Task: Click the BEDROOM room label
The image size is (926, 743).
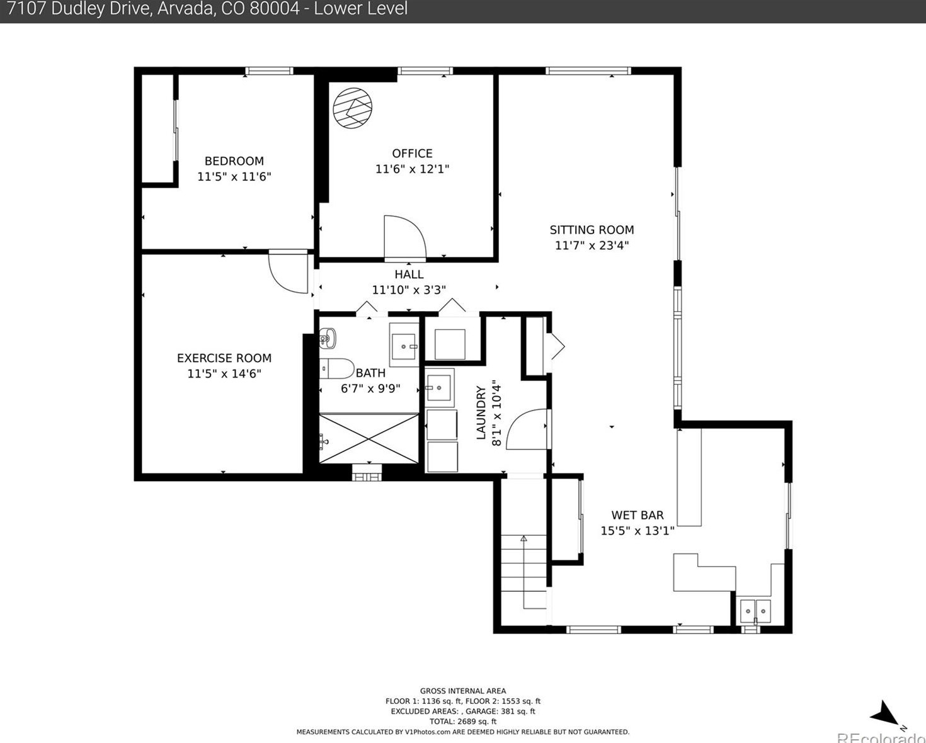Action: pos(234,161)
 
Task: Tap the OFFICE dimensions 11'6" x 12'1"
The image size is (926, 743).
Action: pos(412,169)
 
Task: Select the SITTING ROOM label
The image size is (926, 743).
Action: pos(592,230)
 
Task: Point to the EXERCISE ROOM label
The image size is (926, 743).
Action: pos(224,358)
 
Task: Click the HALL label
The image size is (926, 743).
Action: pos(409,274)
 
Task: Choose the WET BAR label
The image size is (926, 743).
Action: pos(637,515)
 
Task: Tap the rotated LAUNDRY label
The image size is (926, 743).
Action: pos(481,413)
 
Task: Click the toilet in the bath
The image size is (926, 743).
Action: pos(336,368)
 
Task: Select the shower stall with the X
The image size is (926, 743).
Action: pos(369,438)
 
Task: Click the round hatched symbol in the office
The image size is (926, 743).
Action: pos(352,108)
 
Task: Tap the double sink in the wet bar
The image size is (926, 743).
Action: pos(755,611)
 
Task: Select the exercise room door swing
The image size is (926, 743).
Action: pos(288,272)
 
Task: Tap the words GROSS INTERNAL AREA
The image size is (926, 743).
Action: pos(463,691)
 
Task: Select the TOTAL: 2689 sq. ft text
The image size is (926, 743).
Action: pos(463,722)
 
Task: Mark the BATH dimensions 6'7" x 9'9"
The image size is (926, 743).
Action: pos(370,389)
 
